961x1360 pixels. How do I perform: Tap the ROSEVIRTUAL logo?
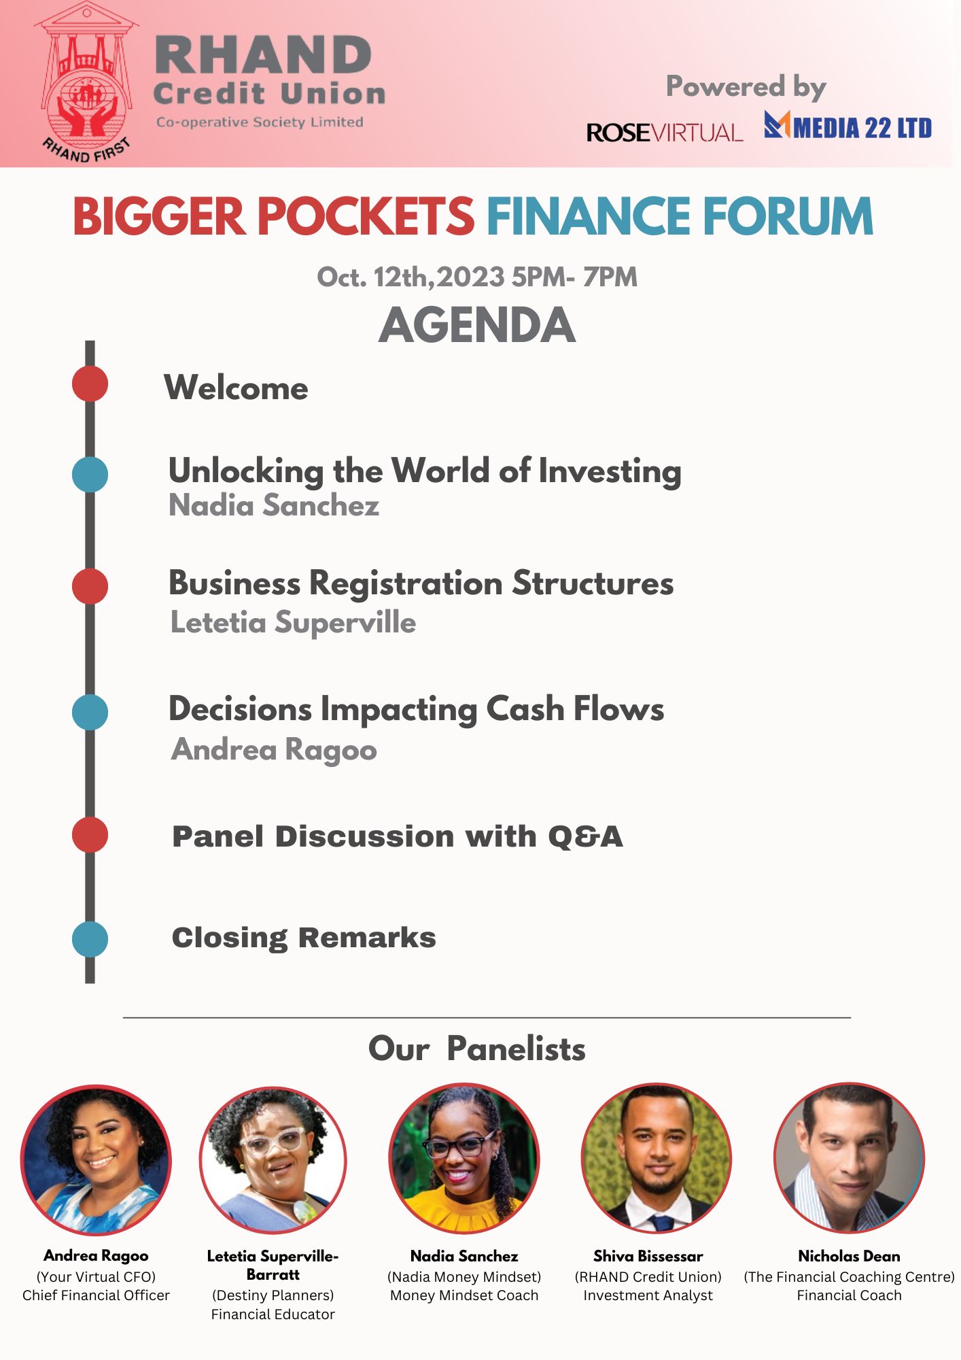664,132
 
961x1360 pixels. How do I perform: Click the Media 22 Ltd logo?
848,126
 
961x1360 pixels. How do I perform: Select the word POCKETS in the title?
365,217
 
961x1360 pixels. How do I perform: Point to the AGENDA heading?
477,325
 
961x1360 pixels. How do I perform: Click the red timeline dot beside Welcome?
90,384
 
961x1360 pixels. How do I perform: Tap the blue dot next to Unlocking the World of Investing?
90,474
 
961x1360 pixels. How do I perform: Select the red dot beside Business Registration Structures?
90,586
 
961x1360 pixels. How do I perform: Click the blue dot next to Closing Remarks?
90,939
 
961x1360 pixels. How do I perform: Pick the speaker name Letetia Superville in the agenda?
293,622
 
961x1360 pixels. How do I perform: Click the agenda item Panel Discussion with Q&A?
398,836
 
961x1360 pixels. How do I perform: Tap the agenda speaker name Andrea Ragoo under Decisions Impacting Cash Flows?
274,749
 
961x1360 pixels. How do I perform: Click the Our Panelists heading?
477,1049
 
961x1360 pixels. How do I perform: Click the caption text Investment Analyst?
648,1295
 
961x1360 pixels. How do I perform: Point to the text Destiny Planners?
273,1295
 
